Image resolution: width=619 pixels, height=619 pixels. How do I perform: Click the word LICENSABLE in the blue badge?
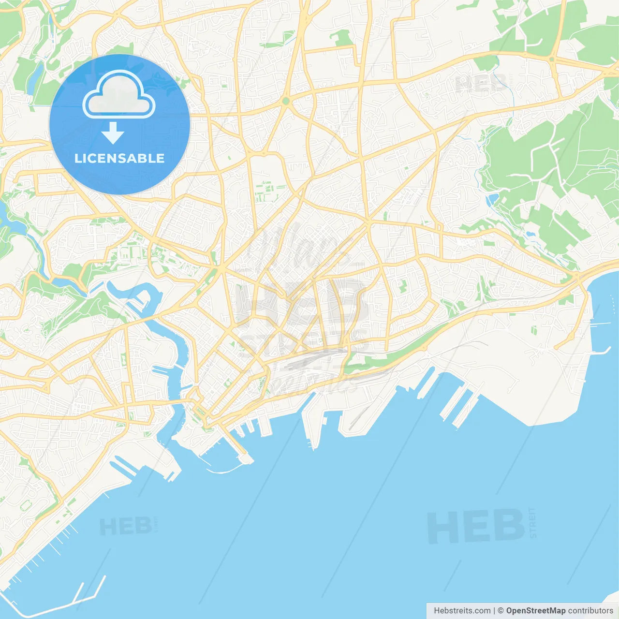(119, 158)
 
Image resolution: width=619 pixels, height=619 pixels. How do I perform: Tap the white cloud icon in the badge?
(119, 96)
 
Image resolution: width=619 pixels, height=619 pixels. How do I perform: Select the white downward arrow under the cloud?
(113, 133)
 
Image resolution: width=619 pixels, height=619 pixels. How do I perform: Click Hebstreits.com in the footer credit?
(462, 611)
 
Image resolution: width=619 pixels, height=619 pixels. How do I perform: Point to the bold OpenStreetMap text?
(535, 611)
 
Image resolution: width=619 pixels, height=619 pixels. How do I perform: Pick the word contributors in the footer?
(590, 611)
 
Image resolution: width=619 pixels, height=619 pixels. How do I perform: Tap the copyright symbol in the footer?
(501, 611)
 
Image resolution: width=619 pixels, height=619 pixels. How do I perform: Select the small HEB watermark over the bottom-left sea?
(125, 527)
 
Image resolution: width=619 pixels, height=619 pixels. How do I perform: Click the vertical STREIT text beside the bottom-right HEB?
(533, 523)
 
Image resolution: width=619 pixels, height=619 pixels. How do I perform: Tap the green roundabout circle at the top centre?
(286, 101)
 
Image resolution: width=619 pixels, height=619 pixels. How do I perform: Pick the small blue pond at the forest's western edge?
(493, 199)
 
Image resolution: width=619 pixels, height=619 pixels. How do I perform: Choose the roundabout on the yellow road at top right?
(551, 59)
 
